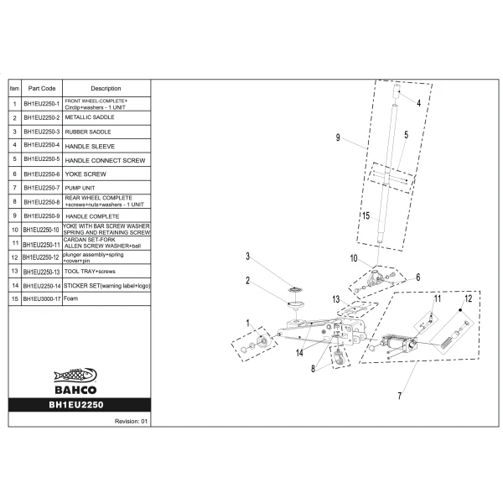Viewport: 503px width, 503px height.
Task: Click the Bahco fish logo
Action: coord(75,376)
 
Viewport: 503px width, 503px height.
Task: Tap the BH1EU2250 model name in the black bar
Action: coord(76,405)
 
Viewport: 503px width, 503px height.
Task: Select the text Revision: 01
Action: coord(131,421)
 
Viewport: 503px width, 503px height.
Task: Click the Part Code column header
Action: coord(42,88)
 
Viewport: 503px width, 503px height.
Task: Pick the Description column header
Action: coord(106,88)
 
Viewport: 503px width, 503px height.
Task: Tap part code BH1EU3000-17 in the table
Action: coord(42,299)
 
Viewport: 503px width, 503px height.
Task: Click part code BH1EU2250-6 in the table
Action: coord(42,174)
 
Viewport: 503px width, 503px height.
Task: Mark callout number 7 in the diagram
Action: coord(400,396)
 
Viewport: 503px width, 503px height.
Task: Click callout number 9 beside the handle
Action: coord(338,137)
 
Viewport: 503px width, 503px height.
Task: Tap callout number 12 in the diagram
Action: coord(469,298)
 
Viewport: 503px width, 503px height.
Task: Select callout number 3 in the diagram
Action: coord(247,257)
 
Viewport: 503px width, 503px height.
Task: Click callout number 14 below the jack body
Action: coord(299,353)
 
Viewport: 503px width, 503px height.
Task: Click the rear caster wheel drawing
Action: coord(339,357)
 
